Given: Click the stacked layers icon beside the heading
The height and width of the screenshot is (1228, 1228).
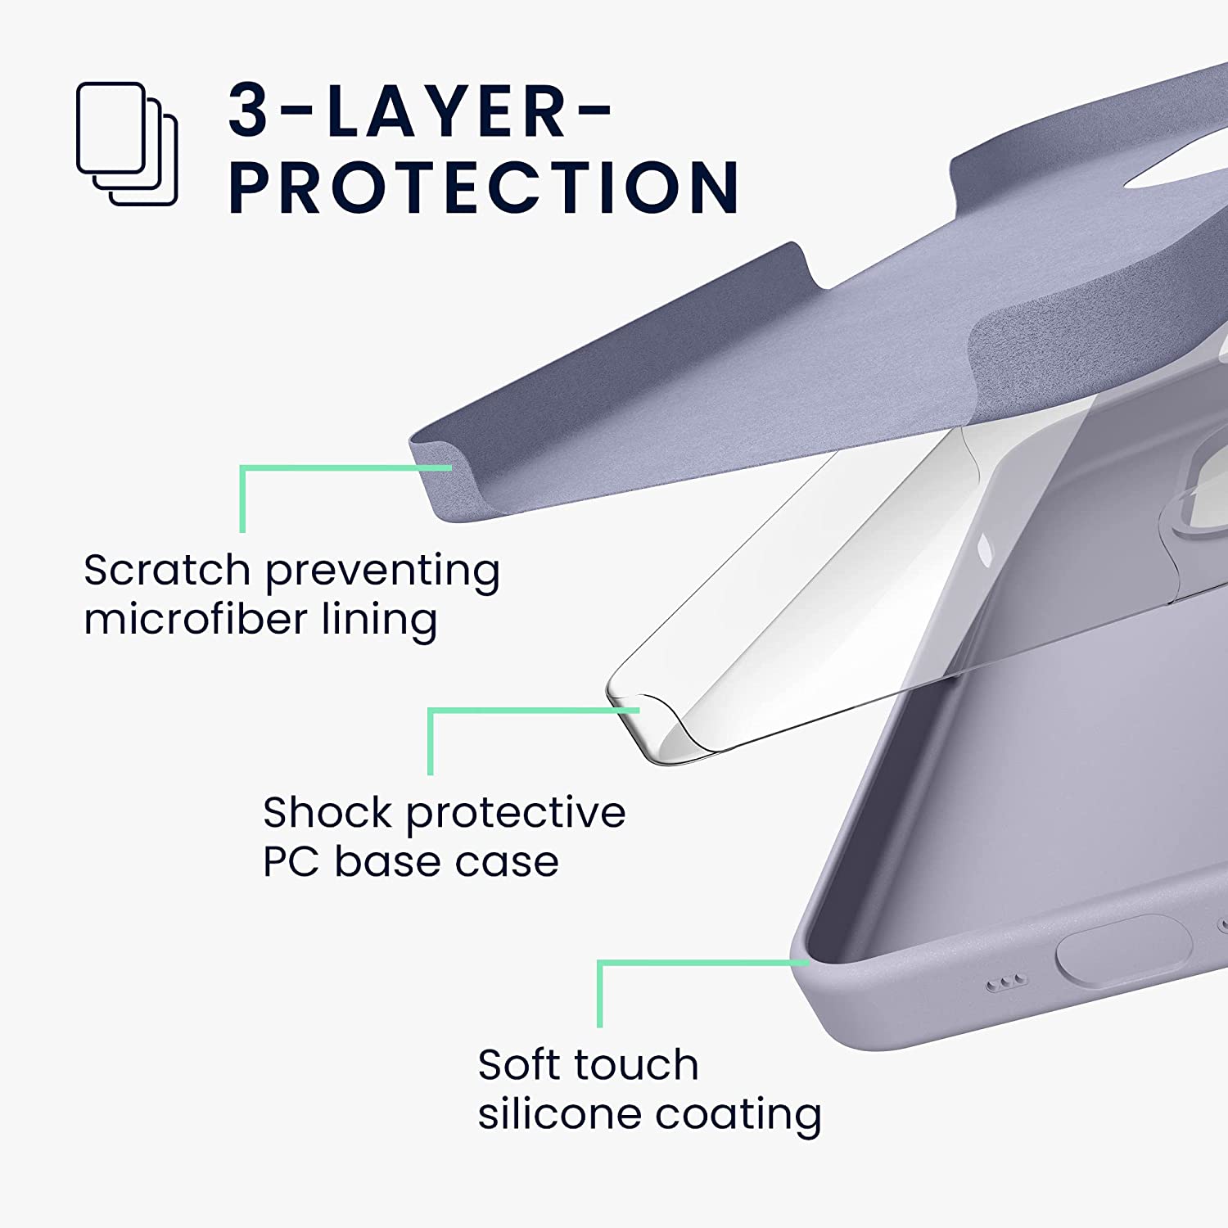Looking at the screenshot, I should pos(127,144).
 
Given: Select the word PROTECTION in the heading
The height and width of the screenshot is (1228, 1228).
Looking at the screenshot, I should pos(483,187).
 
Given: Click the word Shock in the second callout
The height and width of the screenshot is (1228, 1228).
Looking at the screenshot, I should pos(327,813).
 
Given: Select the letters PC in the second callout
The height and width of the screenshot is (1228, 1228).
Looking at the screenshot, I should pos(290,862).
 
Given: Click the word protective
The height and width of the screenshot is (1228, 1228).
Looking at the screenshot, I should pos(516,813).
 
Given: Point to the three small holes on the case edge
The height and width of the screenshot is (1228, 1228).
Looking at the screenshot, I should pos(1005,984).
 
